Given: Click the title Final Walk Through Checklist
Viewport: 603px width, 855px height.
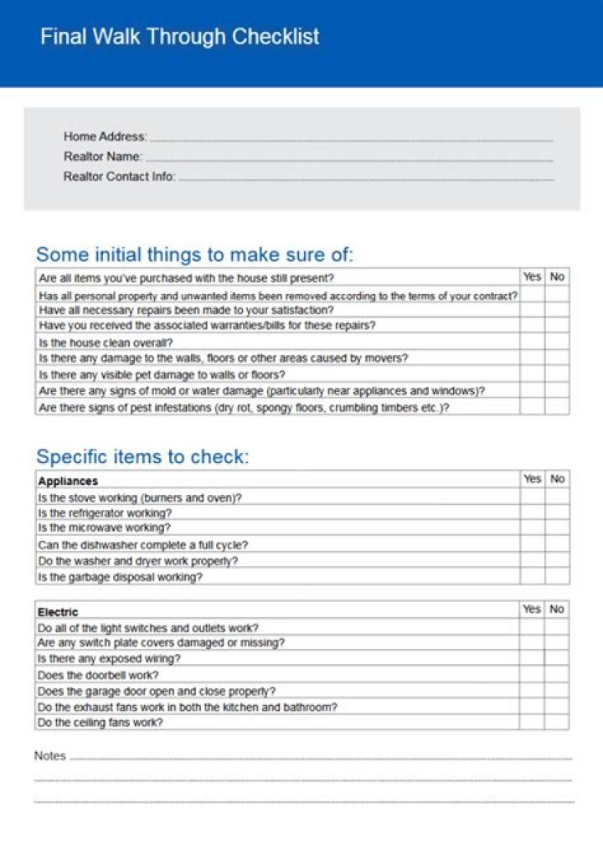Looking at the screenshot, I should tap(180, 37).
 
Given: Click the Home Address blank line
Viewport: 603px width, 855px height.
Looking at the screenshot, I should tap(351, 137).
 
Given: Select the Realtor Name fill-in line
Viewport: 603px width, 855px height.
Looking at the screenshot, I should tap(349, 157).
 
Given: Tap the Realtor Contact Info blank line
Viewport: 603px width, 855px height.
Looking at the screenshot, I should tap(366, 178).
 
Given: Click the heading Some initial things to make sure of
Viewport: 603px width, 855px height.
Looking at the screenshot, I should tap(194, 255).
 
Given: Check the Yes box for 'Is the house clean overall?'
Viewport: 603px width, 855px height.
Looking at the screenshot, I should tap(532, 343).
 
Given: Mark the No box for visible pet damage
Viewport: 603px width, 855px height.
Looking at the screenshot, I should tap(558, 374).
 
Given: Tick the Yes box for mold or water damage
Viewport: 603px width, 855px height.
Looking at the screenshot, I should tap(532, 391).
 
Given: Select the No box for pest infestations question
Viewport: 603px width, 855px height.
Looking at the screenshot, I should tap(558, 407).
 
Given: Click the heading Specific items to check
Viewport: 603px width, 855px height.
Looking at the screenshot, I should tap(142, 457).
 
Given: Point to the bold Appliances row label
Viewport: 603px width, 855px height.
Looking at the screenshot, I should tap(68, 482).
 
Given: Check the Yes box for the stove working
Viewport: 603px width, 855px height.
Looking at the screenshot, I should tap(532, 497).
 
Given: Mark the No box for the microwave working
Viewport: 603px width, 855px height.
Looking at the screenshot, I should tap(558, 528).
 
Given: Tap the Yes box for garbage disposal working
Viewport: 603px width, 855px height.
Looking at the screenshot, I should tap(532, 577).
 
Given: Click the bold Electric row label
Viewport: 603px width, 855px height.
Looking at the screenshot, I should tap(58, 612).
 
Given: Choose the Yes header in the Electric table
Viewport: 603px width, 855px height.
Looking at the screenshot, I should tap(532, 610).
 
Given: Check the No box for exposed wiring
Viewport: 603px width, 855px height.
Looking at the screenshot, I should tap(557, 659).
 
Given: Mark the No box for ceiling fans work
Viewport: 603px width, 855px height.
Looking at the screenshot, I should tap(557, 722).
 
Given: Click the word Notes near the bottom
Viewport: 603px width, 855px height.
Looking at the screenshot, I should tap(50, 756).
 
